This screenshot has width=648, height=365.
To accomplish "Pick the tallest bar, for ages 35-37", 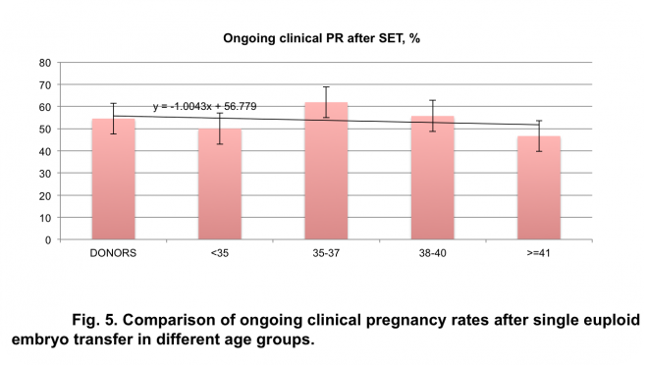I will coord(326,171).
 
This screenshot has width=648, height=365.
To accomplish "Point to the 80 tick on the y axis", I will coord(45,62).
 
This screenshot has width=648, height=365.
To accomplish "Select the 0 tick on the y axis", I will coord(48,239).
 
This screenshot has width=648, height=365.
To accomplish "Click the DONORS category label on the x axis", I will coord(113,252).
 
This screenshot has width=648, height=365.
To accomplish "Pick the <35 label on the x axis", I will coord(220,252).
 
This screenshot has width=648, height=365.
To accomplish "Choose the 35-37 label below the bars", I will coord(326,252).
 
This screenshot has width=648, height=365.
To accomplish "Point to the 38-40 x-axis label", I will coord(433,252).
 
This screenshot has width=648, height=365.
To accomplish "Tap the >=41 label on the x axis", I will coord(540,252).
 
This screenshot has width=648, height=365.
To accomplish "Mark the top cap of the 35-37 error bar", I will coord(326,86).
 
